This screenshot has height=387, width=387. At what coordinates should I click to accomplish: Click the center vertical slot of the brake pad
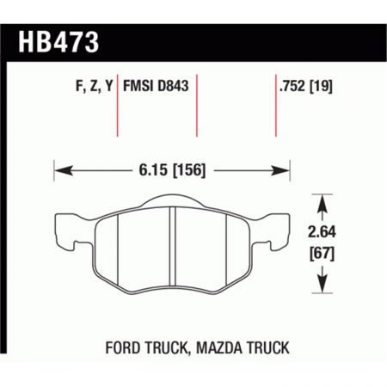(x=175, y=249)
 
